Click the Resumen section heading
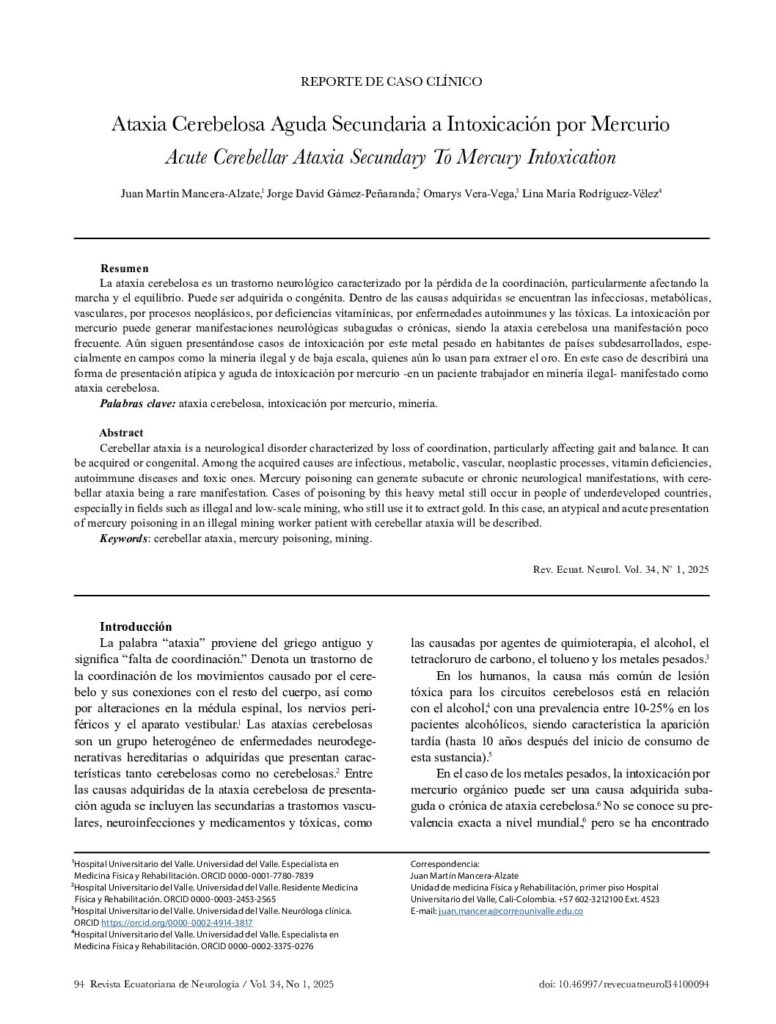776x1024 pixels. (x=124, y=269)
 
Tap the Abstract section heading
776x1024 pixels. (x=122, y=432)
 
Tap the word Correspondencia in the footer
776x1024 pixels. (x=446, y=862)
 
